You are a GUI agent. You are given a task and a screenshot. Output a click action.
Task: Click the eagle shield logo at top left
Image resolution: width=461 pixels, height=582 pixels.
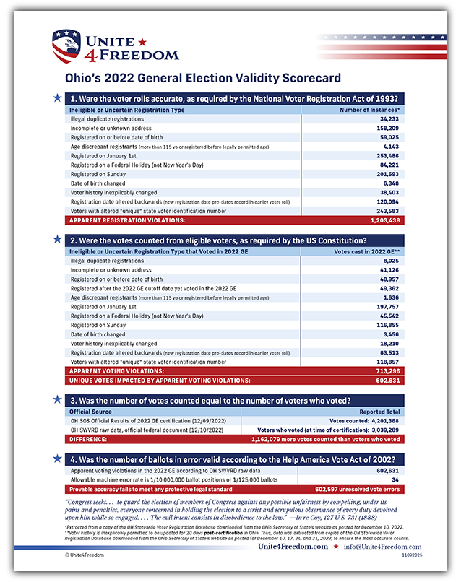click(66, 45)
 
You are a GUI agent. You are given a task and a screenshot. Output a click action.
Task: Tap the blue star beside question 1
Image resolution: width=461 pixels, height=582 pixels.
click(57, 97)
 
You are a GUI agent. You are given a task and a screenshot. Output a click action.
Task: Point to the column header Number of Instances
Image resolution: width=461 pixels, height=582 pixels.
click(370, 110)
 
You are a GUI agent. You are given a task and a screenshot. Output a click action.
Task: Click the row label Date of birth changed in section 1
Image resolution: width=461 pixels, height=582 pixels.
click(98, 183)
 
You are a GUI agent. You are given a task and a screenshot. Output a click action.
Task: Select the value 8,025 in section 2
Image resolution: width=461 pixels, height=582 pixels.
click(391, 261)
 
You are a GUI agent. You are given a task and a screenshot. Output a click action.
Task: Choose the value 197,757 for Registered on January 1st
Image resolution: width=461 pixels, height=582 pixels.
click(387, 307)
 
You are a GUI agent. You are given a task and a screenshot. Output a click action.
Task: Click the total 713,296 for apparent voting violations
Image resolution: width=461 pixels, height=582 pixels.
click(387, 370)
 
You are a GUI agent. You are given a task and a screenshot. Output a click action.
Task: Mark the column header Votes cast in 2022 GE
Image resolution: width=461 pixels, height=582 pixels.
click(368, 252)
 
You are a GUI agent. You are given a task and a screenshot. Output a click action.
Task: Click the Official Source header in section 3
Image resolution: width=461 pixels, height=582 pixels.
click(91, 412)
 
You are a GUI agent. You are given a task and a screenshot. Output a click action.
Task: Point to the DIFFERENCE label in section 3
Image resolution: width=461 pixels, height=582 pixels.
click(90, 438)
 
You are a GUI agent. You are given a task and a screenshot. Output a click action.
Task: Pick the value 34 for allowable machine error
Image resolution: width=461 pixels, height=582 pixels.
click(396, 479)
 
